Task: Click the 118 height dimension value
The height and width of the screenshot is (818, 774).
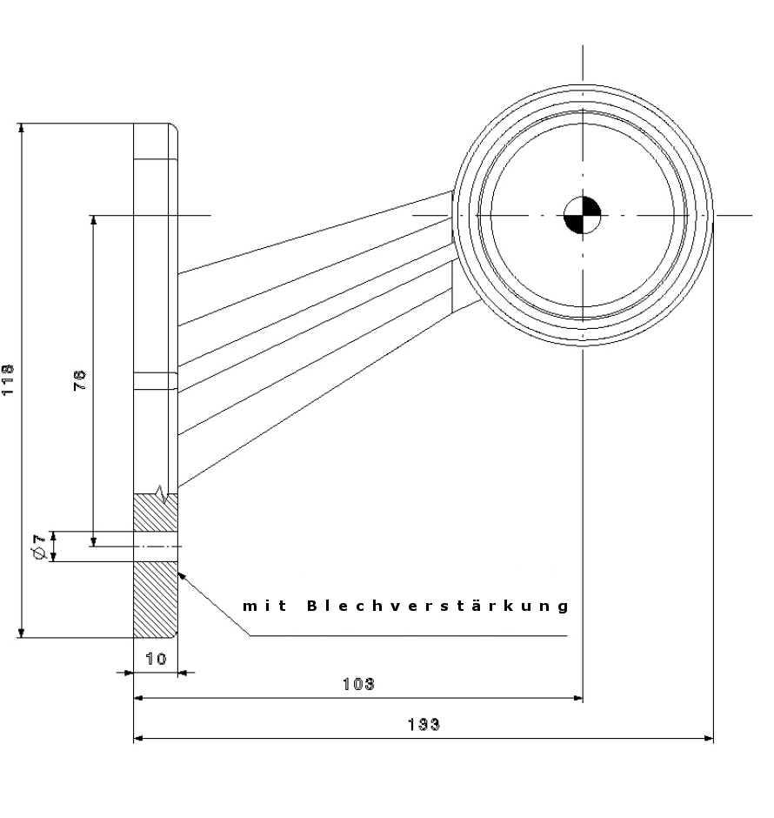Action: coord(8,380)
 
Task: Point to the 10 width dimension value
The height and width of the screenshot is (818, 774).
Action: coord(156,659)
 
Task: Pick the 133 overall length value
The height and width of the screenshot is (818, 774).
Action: coord(424,724)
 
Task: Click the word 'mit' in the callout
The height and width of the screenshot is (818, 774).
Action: coord(260,606)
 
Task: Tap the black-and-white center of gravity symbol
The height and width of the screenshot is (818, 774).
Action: coord(582,215)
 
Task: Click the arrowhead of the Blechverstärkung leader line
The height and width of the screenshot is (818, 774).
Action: coord(182,575)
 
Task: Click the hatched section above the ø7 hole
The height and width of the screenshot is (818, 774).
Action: coord(155,513)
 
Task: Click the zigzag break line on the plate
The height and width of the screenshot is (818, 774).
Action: coord(159,493)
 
